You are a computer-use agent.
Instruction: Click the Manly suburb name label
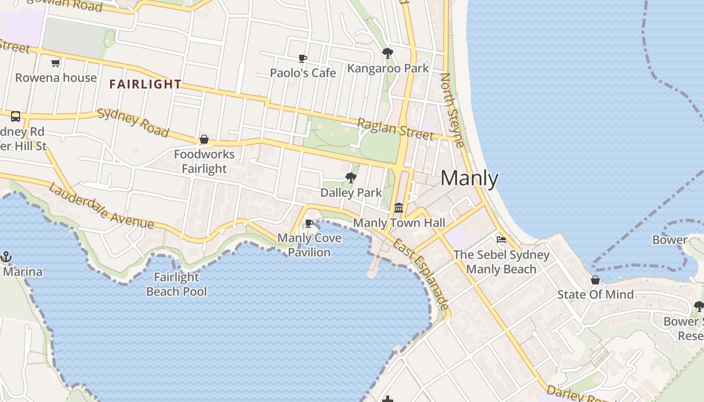470,178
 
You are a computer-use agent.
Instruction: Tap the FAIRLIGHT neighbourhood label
145,84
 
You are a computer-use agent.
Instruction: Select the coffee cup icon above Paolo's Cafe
303,59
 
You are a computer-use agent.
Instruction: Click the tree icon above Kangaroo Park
388,53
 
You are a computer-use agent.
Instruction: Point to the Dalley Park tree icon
351,177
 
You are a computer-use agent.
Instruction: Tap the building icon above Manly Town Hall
399,207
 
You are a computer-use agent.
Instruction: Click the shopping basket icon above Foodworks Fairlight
204,139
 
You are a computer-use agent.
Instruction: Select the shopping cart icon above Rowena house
56,63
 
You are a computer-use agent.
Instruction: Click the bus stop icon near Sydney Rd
16,117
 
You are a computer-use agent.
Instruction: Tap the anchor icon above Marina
6,257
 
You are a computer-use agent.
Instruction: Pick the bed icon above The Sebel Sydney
501,240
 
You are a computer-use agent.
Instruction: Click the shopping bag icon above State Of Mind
595,280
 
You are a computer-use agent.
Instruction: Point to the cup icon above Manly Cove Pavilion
309,223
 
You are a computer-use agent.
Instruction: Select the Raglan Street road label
395,129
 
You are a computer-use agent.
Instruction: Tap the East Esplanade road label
421,273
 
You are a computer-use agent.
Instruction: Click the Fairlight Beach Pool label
177,284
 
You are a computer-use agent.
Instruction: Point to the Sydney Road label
133,122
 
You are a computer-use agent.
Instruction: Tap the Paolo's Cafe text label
303,73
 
